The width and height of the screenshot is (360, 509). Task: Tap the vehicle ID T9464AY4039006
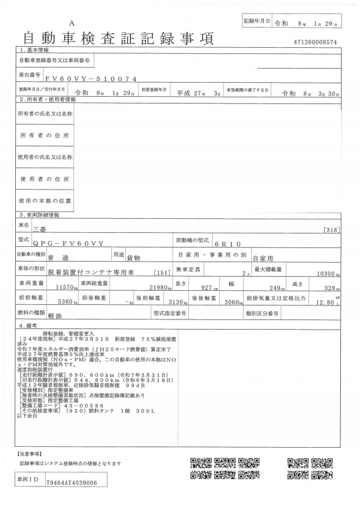[72, 483]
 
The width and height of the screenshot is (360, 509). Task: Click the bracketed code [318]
[332, 229]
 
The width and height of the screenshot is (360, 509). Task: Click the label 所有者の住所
[45, 136]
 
